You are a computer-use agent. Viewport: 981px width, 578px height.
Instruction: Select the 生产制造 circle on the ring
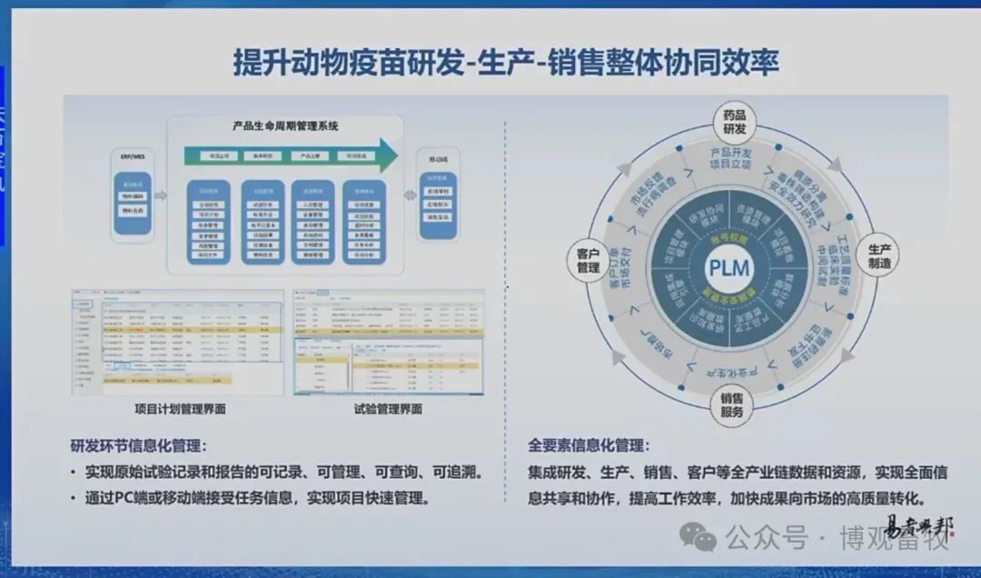click(x=877, y=255)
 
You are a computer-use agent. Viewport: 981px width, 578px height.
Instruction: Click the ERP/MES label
click(x=133, y=156)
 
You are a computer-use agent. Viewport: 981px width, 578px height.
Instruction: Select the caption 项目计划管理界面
click(x=179, y=409)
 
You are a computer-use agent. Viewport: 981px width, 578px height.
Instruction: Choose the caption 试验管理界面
click(x=388, y=409)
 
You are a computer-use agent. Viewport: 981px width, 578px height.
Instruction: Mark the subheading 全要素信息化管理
click(x=589, y=446)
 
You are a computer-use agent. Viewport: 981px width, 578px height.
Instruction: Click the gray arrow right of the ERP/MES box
click(x=161, y=194)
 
